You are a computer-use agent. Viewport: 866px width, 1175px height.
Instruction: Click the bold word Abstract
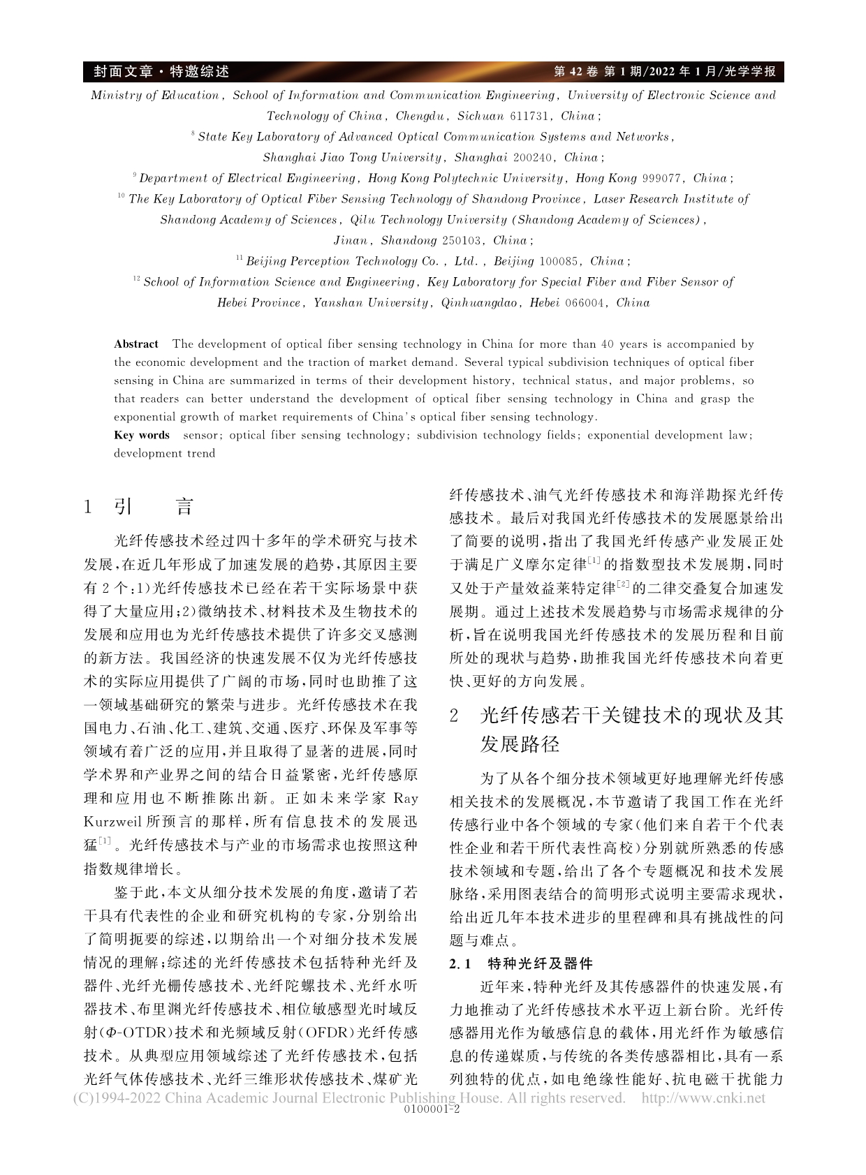pos(136,344)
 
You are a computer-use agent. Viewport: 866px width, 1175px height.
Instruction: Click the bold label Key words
pos(142,435)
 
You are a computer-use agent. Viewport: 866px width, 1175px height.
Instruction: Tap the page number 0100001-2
pos(432,1108)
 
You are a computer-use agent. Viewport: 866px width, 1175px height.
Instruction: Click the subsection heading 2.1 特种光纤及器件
pos(521,964)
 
